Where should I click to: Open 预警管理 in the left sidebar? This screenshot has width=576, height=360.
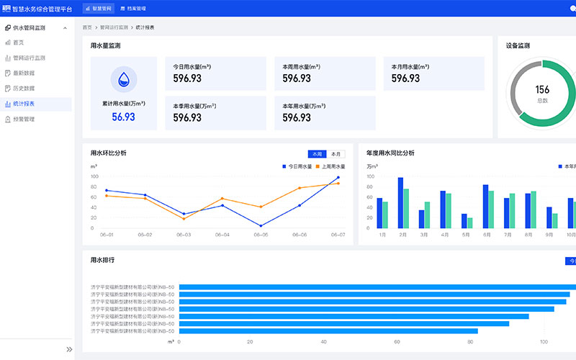(x=24, y=119)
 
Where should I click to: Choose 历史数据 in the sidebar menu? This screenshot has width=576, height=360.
(x=24, y=88)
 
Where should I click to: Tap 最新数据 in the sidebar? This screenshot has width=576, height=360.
(x=24, y=73)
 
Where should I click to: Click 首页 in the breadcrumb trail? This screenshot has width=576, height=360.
(x=87, y=27)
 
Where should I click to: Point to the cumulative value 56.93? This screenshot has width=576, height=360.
(x=123, y=117)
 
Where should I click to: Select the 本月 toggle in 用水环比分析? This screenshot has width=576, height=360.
(x=336, y=153)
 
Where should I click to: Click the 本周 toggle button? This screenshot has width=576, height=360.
(x=317, y=153)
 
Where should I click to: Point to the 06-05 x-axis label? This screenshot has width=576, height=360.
(x=259, y=235)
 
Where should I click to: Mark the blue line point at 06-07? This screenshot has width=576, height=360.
(x=338, y=178)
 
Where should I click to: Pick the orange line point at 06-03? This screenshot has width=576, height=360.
(x=184, y=218)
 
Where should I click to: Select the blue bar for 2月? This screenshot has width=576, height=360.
(x=400, y=203)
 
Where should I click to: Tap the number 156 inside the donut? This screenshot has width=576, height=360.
(x=542, y=90)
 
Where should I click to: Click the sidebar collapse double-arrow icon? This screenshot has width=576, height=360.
(x=69, y=349)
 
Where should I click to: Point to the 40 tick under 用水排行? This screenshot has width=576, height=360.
(x=323, y=342)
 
